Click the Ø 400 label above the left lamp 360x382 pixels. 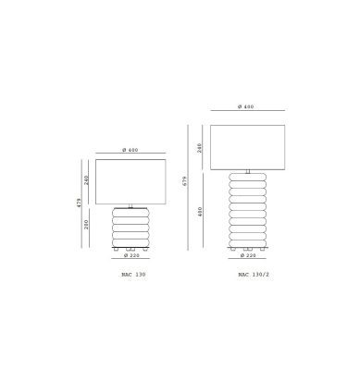[130, 150]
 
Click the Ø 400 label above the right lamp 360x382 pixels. [246, 106]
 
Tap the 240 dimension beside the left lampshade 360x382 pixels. [86, 180]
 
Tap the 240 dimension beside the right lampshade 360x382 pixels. [200, 148]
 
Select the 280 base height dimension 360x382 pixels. [86, 224]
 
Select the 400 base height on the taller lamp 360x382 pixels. [200, 212]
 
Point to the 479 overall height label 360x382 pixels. [79, 203]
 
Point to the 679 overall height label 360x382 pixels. [185, 181]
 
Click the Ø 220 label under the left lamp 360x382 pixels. [131, 255]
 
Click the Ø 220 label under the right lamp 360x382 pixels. [248, 255]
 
